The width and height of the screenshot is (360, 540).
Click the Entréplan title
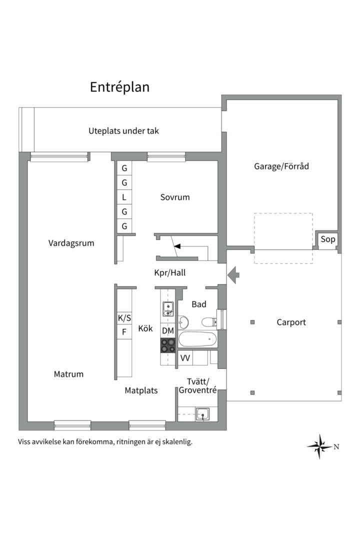pos(119,87)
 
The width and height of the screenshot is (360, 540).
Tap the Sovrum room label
pos(175,197)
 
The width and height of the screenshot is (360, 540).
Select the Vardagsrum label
pos(71,243)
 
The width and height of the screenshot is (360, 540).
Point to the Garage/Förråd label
pos(281,166)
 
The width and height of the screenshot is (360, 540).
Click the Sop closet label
pos(327,239)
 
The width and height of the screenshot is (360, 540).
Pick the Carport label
pos(291,322)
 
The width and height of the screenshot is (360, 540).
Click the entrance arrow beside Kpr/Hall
pos(233,275)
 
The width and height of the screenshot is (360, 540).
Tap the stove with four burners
pos(168,345)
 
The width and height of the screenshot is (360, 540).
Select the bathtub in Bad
pos(197,339)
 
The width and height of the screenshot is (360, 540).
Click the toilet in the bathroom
pos(209,322)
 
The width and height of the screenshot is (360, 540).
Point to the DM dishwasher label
pos(168,330)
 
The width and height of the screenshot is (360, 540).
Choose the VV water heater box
pos(185,358)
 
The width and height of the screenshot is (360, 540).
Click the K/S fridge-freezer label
pos(124,318)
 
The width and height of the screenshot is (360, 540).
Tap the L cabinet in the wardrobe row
pos(124,197)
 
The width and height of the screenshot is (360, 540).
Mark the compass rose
pos(320,446)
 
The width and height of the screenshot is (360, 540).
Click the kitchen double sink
pos(168,309)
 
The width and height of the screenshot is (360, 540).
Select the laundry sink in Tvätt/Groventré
pos(203,413)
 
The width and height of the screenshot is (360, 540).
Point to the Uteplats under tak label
pos(123,131)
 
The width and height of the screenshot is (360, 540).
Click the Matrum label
pos(68,374)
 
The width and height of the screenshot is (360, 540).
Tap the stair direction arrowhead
pos(177,246)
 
